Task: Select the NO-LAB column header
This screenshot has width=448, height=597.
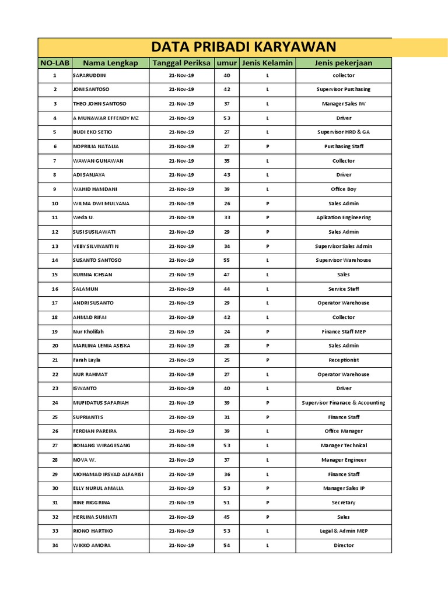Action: coord(54,63)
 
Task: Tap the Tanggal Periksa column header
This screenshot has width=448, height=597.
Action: coord(181,63)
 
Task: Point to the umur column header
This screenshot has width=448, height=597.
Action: coord(227,63)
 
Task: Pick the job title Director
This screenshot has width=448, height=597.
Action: coord(343,545)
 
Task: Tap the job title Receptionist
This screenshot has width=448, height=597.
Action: coord(343,360)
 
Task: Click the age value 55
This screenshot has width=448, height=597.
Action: coord(227,260)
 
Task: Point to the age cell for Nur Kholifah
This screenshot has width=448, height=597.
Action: coord(227,332)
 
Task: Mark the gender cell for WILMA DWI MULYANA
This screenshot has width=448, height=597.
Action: coord(267,203)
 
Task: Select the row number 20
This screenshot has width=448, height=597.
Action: coord(55,346)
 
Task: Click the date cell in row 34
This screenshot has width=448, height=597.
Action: coord(181,545)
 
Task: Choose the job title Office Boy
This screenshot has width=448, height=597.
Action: coord(343,189)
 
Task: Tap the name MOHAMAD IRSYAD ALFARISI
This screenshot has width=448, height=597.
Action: coord(108,474)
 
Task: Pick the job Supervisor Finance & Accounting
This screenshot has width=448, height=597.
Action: coord(343,403)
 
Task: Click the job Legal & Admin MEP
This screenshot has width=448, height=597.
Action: coord(343,531)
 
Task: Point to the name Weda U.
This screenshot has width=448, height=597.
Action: coord(83,217)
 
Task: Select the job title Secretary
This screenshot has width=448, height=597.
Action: coord(343,503)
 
